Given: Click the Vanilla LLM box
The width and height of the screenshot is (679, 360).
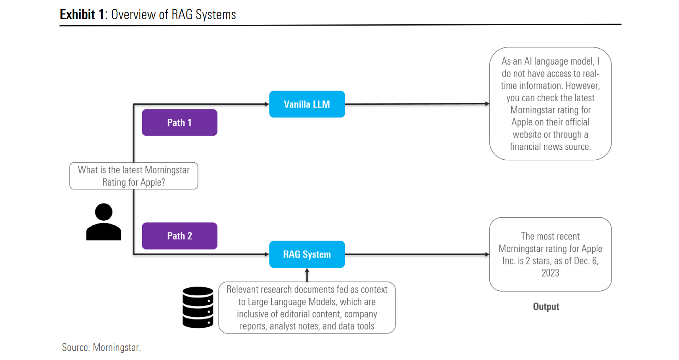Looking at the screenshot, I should [307, 104].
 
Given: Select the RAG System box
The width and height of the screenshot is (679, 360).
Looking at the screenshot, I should [307, 254].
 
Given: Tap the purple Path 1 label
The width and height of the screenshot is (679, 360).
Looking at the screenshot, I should [180, 123].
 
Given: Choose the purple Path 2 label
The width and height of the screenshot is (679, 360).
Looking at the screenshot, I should [180, 236].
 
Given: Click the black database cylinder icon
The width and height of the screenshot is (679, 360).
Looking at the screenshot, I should [198, 307].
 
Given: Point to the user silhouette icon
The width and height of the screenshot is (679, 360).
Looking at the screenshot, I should [104, 222].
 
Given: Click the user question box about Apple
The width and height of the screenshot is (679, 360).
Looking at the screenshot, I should [133, 176].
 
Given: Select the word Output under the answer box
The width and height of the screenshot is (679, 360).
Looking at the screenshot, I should [546, 307].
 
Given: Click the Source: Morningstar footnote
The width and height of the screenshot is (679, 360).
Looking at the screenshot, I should [101, 347].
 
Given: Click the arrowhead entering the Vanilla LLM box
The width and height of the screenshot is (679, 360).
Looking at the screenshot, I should [266, 104].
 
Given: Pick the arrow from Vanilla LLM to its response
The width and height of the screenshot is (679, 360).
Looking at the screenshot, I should [417, 104].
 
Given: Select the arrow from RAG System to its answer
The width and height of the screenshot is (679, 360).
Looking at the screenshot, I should [417, 254].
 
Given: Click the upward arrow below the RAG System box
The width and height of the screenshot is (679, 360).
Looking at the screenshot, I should [307, 275].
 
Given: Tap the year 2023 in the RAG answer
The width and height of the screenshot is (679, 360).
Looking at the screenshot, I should [550, 273].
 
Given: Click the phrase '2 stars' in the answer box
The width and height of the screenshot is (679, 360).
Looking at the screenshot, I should [539, 261].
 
